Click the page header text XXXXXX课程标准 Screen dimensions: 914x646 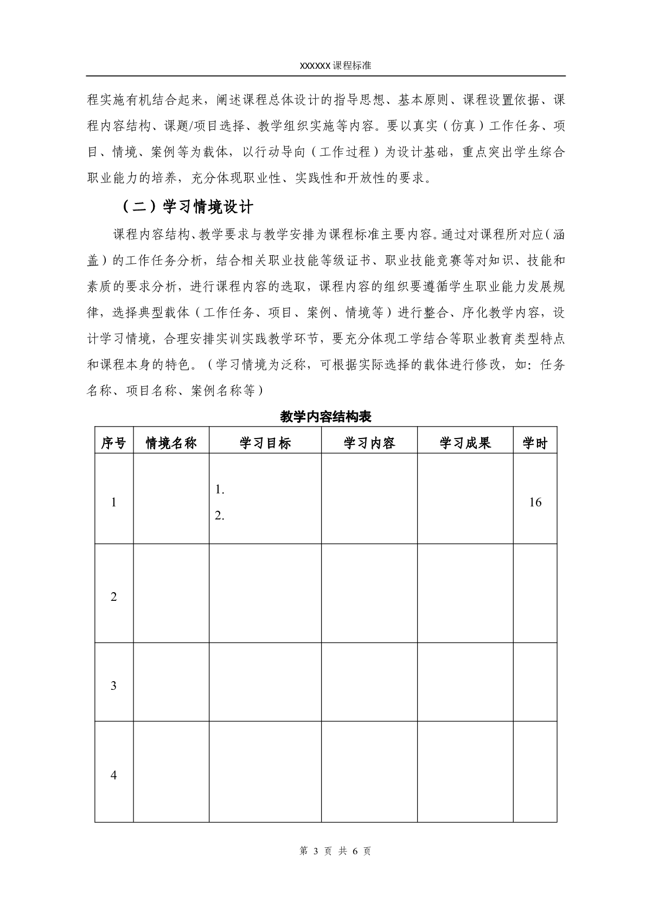click(335, 65)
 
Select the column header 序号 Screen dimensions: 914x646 click(113, 443)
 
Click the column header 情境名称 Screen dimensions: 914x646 click(171, 443)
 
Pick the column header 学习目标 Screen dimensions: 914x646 click(265, 443)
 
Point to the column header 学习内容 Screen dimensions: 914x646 click(369, 443)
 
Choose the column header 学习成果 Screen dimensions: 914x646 click(465, 443)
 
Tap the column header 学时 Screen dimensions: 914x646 click(535, 443)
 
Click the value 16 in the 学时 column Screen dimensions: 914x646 click(535, 502)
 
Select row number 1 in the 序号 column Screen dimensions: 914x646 click(113, 502)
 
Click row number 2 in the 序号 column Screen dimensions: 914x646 click(113, 597)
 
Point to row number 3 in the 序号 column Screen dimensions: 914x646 click(113, 685)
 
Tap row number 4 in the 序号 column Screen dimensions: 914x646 click(113, 775)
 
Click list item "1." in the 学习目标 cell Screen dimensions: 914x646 click(220, 490)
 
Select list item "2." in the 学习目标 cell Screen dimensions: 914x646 click(220, 516)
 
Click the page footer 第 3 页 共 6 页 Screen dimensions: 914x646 click(335, 851)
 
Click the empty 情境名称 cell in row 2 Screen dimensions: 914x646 click(171, 593)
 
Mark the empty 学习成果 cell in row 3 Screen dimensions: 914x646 click(465, 682)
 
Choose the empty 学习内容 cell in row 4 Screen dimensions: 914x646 click(369, 772)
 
